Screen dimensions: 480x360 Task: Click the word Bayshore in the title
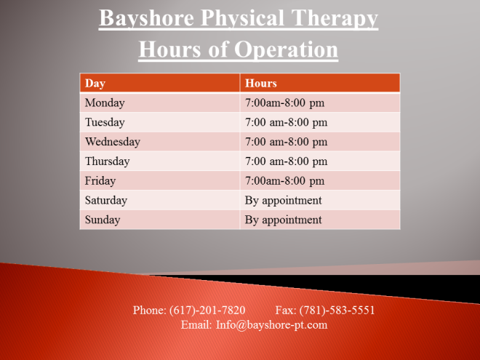146,18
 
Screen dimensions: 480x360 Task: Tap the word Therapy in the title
335,19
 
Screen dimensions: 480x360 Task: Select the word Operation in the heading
287,49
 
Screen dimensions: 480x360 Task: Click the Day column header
95,83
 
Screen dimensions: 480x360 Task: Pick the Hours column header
261,83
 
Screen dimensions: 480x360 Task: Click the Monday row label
105,103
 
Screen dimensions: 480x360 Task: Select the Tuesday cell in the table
105,122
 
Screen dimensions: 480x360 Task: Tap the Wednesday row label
113,142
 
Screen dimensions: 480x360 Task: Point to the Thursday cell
107,161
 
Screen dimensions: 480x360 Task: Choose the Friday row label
100,181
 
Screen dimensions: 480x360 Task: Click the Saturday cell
106,201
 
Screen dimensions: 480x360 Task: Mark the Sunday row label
103,220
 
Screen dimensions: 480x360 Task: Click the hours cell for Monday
284,103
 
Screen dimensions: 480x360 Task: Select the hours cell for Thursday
287,161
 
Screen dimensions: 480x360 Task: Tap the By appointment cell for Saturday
283,201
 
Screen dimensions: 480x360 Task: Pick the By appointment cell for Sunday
283,220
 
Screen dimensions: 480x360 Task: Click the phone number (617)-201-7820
207,310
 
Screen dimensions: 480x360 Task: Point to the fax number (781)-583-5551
337,310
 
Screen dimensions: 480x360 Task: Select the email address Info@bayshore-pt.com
271,325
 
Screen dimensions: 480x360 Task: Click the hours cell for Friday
284,181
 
